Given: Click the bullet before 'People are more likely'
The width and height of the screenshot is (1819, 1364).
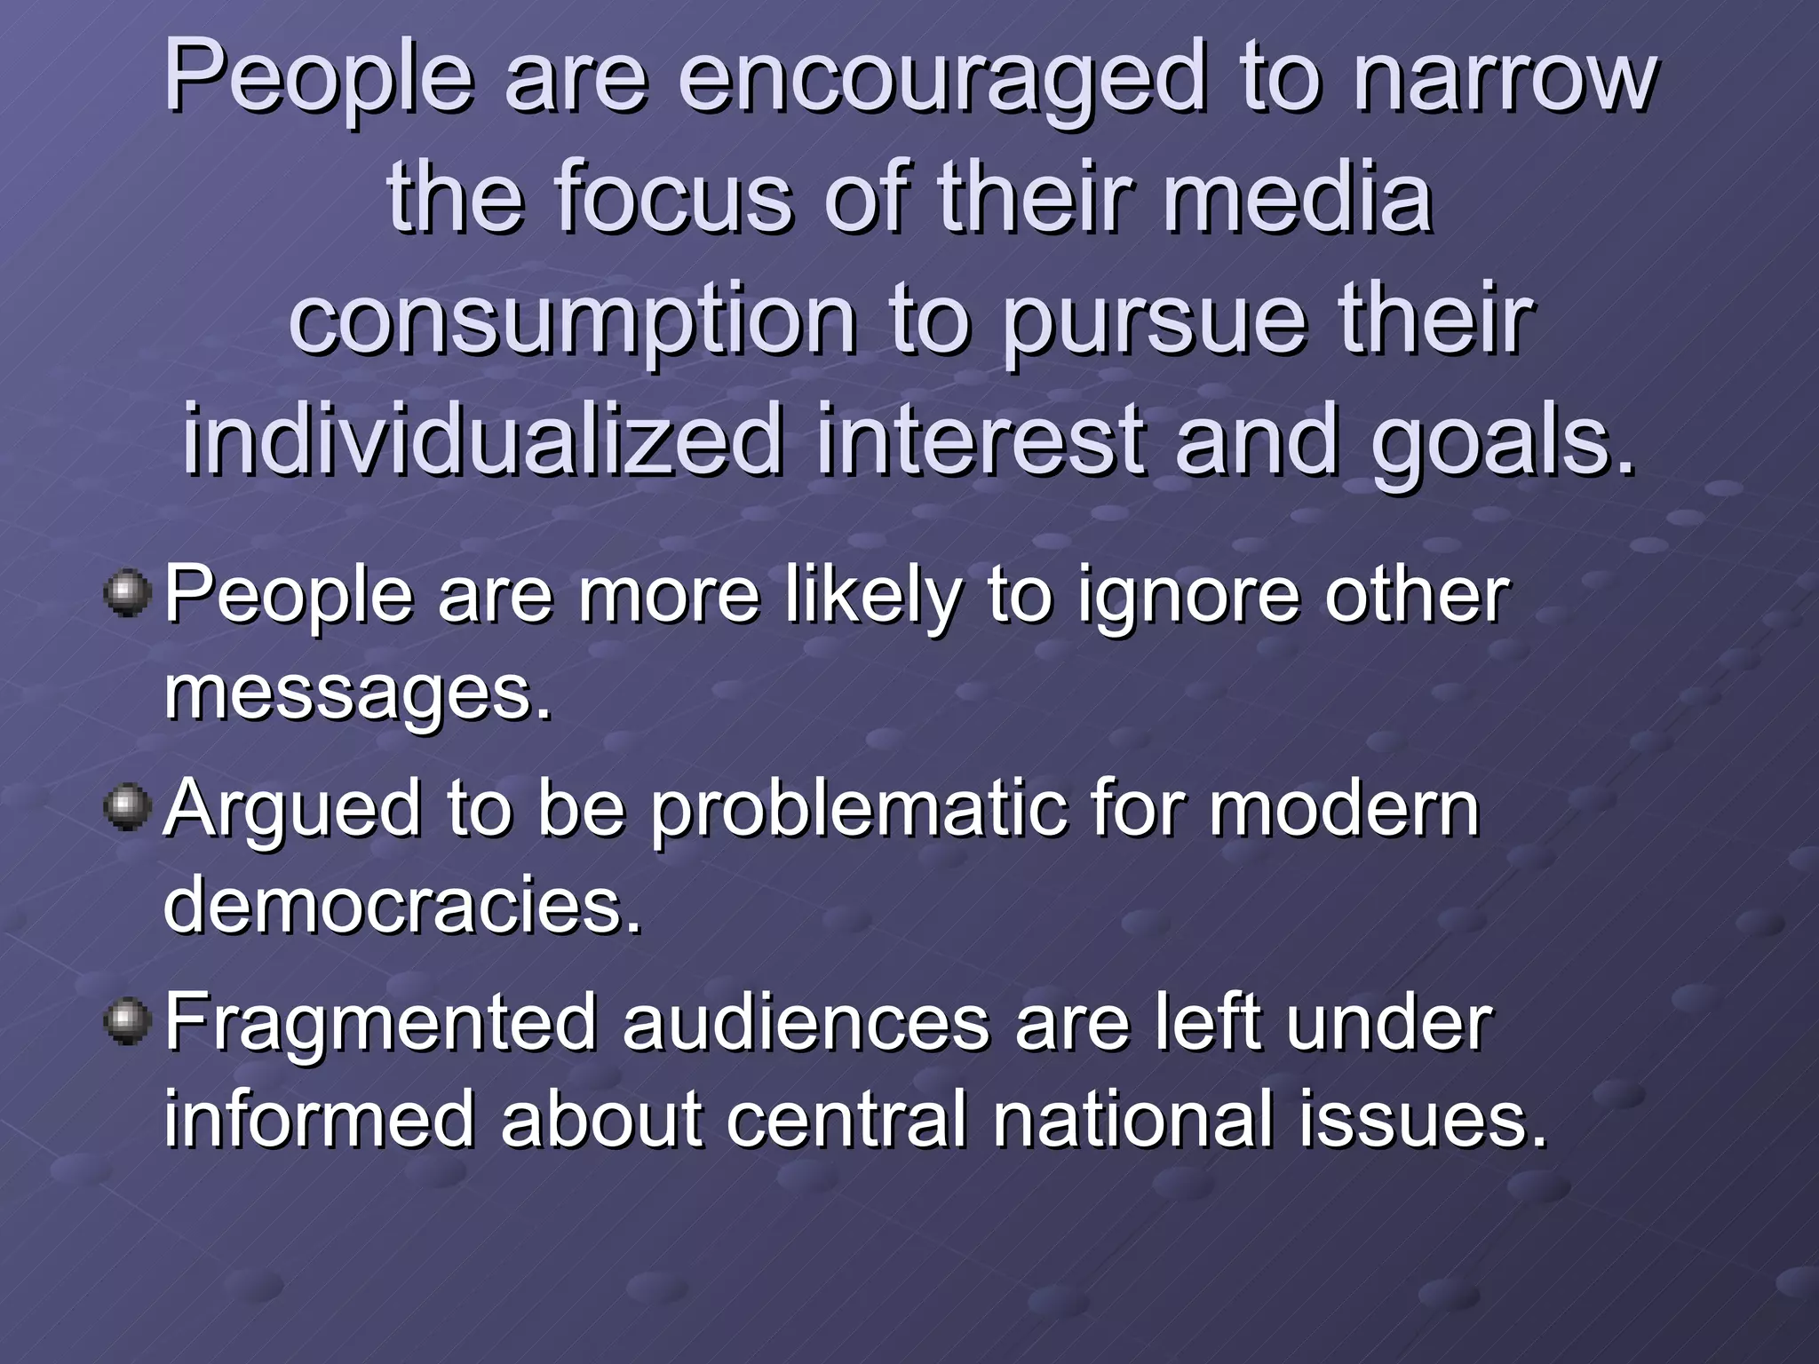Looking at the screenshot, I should [x=128, y=593].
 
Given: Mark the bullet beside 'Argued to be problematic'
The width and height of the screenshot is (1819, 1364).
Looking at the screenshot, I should [x=128, y=807].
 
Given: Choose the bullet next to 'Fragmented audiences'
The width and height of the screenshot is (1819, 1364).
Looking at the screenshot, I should [x=128, y=1021].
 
